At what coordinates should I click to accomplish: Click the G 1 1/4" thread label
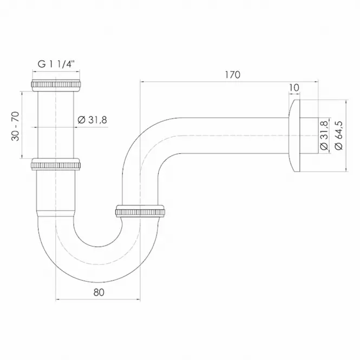(x=56, y=64)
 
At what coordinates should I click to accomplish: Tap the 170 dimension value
(x=232, y=75)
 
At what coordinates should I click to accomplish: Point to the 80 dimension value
(x=99, y=292)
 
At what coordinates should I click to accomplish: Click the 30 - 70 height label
(x=15, y=126)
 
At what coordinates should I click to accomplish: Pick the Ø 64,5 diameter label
(x=339, y=135)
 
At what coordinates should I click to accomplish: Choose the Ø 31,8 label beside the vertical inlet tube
(x=92, y=120)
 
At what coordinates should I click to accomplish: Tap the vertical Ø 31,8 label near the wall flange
(x=324, y=135)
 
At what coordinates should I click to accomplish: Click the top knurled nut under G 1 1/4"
(x=56, y=84)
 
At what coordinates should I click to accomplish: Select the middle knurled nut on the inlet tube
(x=56, y=165)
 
